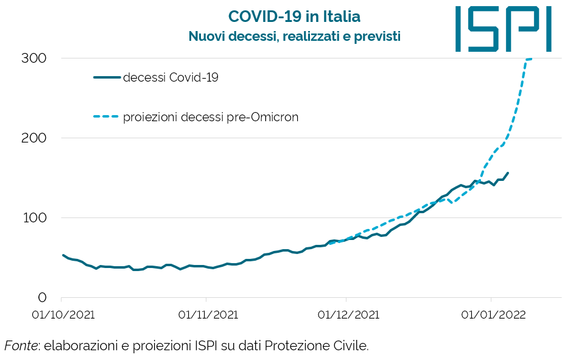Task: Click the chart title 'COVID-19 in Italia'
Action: tap(294, 16)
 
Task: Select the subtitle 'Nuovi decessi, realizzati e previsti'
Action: tap(294, 37)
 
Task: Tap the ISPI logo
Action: tap(503, 29)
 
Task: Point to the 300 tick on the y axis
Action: tap(35, 58)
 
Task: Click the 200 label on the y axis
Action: tap(35, 138)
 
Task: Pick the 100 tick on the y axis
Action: tap(35, 217)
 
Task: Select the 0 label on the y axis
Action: tap(42, 297)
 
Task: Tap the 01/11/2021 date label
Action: tap(208, 315)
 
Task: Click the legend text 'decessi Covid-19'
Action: tap(170, 77)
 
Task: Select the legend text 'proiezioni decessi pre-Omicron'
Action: tap(211, 117)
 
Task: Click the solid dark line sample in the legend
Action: tap(107, 77)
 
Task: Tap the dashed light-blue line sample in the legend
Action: tap(107, 117)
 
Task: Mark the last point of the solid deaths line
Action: tap(508, 172)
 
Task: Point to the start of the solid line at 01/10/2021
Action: tap(63, 255)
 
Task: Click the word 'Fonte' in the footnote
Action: tap(20, 346)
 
